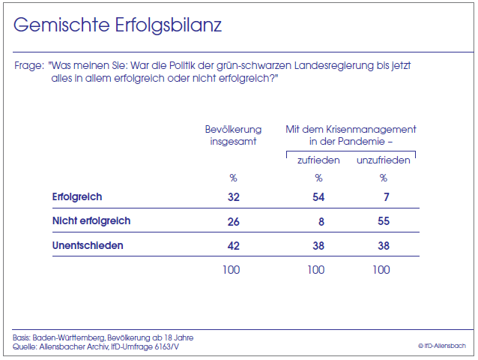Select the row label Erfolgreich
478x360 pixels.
click(x=77, y=196)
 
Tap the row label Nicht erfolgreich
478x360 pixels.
click(x=91, y=220)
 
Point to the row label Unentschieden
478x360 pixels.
click(x=88, y=245)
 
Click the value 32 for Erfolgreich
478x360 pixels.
click(x=232, y=197)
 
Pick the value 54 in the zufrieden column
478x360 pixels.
click(x=318, y=197)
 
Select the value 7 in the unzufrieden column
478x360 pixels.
click(x=387, y=197)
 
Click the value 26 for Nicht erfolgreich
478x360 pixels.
click(x=232, y=221)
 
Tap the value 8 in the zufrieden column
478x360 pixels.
click(x=322, y=221)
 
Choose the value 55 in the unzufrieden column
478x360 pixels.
click(x=382, y=221)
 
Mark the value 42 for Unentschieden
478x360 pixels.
click(x=232, y=246)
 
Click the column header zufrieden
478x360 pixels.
click(x=318, y=160)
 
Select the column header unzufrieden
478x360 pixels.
click(x=382, y=160)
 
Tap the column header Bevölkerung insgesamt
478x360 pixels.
click(x=232, y=136)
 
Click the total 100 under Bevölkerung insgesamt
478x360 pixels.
click(x=231, y=270)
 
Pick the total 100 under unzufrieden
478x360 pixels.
click(x=381, y=270)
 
